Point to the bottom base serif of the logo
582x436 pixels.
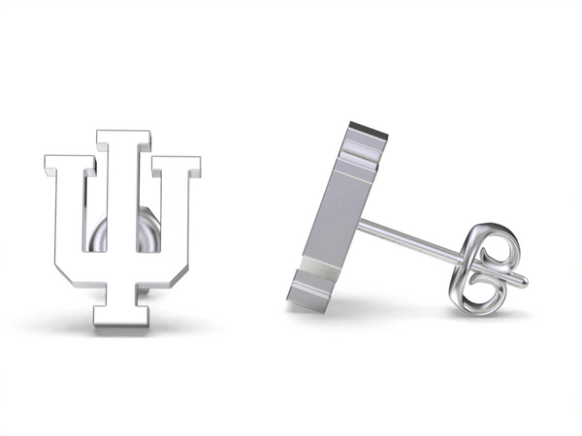tap(123, 319)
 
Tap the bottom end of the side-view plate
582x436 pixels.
tap(308, 301)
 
